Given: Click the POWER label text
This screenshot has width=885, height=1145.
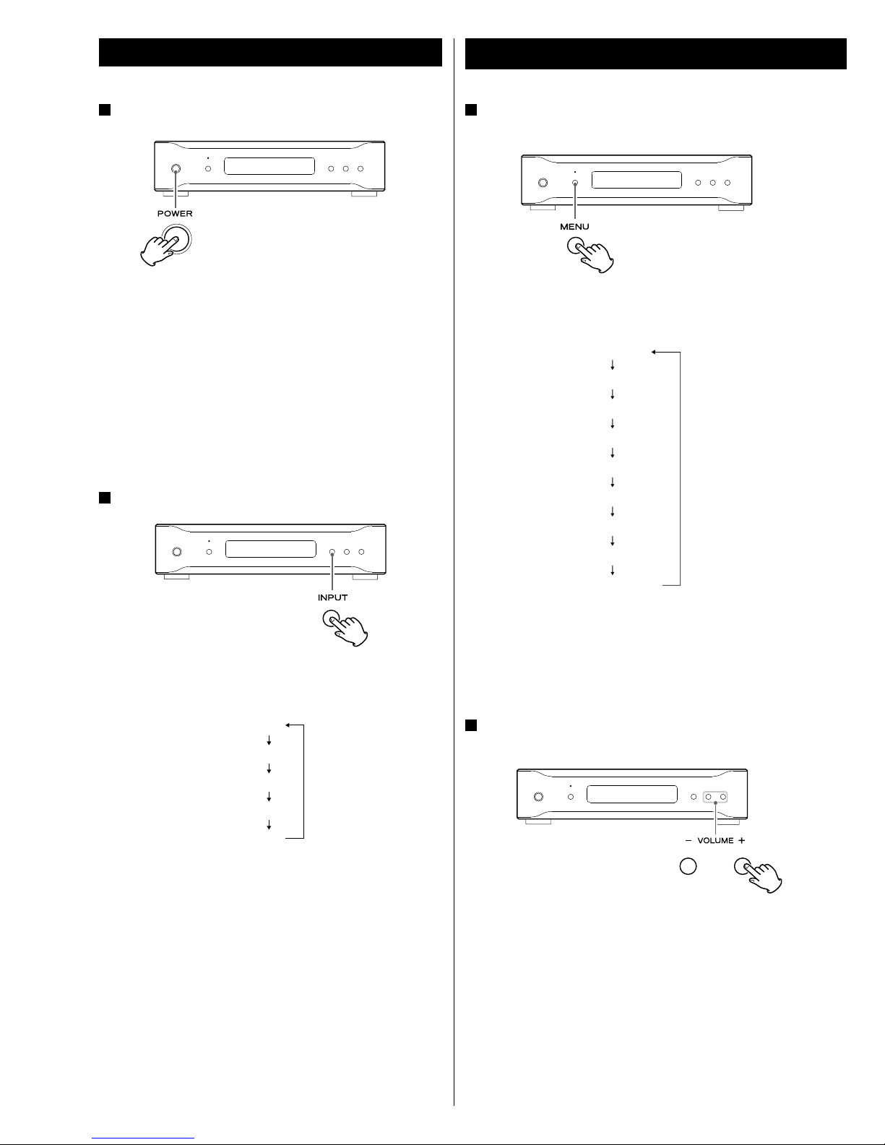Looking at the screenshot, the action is click(x=175, y=213).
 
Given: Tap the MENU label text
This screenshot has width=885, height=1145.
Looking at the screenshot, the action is click(x=574, y=227).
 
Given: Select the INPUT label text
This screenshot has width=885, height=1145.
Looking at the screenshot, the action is click(x=332, y=597).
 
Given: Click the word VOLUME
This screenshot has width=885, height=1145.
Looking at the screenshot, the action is click(x=715, y=840).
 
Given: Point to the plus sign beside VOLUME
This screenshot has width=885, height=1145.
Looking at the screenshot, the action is click(x=742, y=840).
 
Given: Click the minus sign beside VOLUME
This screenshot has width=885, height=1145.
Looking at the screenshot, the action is click(x=688, y=840).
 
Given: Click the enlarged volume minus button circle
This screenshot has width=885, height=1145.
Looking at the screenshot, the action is click(x=688, y=866).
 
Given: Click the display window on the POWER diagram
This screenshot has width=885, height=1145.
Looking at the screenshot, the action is click(x=269, y=166).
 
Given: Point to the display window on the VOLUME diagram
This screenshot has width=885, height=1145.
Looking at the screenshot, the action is click(x=631, y=794).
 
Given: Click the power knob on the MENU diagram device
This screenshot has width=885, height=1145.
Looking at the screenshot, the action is click(x=543, y=183).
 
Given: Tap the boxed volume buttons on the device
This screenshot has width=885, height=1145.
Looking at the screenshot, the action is click(x=715, y=797).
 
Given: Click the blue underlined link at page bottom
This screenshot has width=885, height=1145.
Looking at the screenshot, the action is click(x=143, y=1136).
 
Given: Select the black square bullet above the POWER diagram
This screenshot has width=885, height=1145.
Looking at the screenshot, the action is click(x=105, y=110).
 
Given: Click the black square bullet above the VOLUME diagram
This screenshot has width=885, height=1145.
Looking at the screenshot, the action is click(x=471, y=725).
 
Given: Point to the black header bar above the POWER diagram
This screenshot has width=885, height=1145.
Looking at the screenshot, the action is click(x=270, y=52).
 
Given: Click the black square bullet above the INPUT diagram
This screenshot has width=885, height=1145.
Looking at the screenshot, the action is click(x=105, y=498).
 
